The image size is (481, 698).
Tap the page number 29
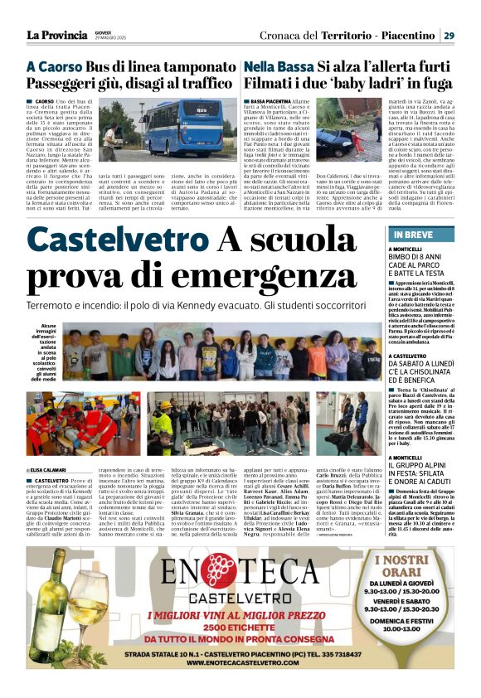[x=449, y=35]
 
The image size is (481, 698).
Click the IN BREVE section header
[x=411, y=235]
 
